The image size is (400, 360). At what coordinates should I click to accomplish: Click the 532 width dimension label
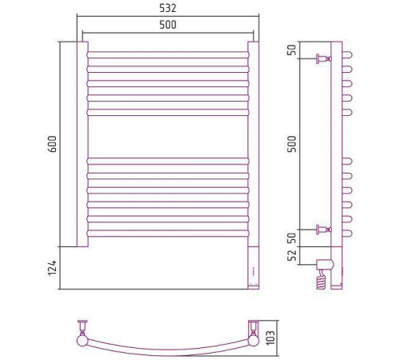[168, 8]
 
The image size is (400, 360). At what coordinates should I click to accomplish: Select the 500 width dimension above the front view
[168, 25]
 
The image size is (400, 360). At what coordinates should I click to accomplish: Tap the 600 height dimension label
[53, 144]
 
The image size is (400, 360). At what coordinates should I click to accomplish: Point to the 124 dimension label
[53, 268]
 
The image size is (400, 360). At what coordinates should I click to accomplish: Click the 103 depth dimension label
[270, 338]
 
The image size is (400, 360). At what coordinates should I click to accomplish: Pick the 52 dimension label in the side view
[293, 255]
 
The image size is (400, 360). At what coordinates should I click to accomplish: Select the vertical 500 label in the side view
[293, 144]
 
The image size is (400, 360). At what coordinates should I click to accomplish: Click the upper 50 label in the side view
[293, 50]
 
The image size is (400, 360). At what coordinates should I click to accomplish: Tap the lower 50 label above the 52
[293, 238]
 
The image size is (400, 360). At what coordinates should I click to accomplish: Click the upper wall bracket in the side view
[324, 58]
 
